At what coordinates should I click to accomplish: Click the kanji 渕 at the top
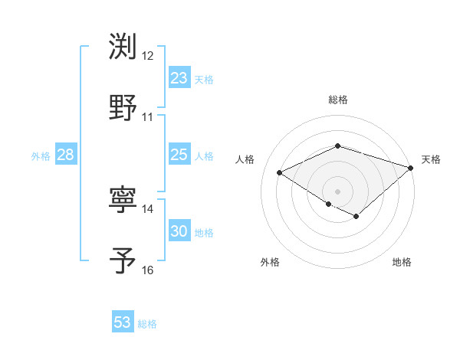pos(123,47)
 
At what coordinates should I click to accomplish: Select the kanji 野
pos(123,107)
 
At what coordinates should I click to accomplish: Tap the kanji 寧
pos(123,200)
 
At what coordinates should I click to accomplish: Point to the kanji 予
pos(123,260)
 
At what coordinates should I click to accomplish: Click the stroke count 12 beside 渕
pos(148,56)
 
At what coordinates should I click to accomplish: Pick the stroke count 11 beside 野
pos(148,117)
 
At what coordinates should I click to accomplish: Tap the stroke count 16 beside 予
pos(148,270)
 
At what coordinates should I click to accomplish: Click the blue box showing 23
pos(179,78)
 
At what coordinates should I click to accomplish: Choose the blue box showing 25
pos(179,155)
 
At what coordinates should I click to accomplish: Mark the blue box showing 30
pos(179,231)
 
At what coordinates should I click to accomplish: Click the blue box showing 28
pos(65,155)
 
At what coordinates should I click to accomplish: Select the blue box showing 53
pos(123,322)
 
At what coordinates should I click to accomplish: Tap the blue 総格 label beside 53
pos(147,324)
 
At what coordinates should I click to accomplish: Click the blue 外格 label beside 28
pos(41,156)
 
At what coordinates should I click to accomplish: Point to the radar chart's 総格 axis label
pos(337,100)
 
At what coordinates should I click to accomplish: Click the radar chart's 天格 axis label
pos(432,159)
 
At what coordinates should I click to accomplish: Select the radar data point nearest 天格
pos(412,167)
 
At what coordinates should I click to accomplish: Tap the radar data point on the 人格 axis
pos(280,172)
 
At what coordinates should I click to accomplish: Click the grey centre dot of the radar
pos(337,191)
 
